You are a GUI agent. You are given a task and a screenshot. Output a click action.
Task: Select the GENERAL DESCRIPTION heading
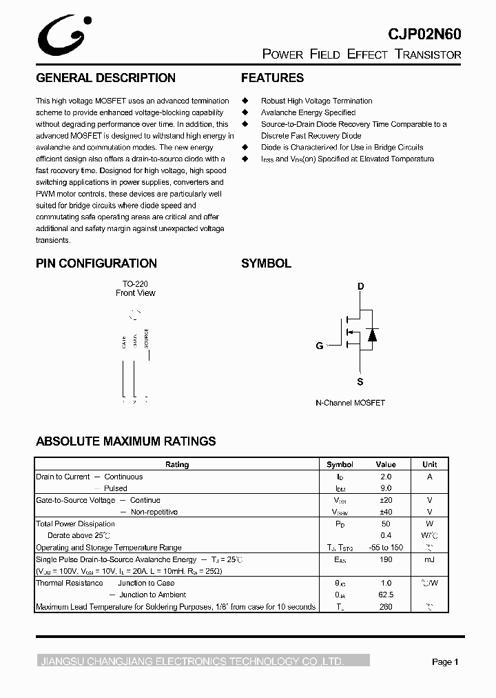pos(105,78)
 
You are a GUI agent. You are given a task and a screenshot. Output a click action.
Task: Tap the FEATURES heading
pos(272,78)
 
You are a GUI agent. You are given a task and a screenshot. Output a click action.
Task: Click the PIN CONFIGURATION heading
pos(96,263)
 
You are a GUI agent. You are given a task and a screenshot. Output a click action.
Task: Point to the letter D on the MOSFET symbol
pos(360,286)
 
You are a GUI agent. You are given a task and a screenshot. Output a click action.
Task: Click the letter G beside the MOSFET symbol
pos(320,346)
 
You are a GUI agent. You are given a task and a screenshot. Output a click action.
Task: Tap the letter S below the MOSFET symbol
pos(360,381)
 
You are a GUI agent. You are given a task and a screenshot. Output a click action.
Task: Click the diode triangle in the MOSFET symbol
pos(372,335)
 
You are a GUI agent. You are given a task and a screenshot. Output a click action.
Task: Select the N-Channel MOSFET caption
pos(350,403)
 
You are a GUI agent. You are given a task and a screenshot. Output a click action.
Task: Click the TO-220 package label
pos(135,283)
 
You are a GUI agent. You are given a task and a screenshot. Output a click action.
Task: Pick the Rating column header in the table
pos(177,465)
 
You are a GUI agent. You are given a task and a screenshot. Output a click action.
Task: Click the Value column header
pos(386,465)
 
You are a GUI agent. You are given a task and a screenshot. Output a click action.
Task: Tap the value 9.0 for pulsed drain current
pos(386,488)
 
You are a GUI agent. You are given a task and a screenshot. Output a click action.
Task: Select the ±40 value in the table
pos(386,512)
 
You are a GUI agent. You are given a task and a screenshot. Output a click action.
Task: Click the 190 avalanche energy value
pos(386,559)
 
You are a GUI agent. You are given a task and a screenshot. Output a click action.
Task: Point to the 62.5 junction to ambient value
pos(386,595)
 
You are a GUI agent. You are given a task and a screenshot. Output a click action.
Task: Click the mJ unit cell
pos(429,559)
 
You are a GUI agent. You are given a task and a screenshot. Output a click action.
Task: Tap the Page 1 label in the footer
pos(445,662)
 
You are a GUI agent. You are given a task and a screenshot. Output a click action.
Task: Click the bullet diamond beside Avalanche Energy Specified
pos(245,112)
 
